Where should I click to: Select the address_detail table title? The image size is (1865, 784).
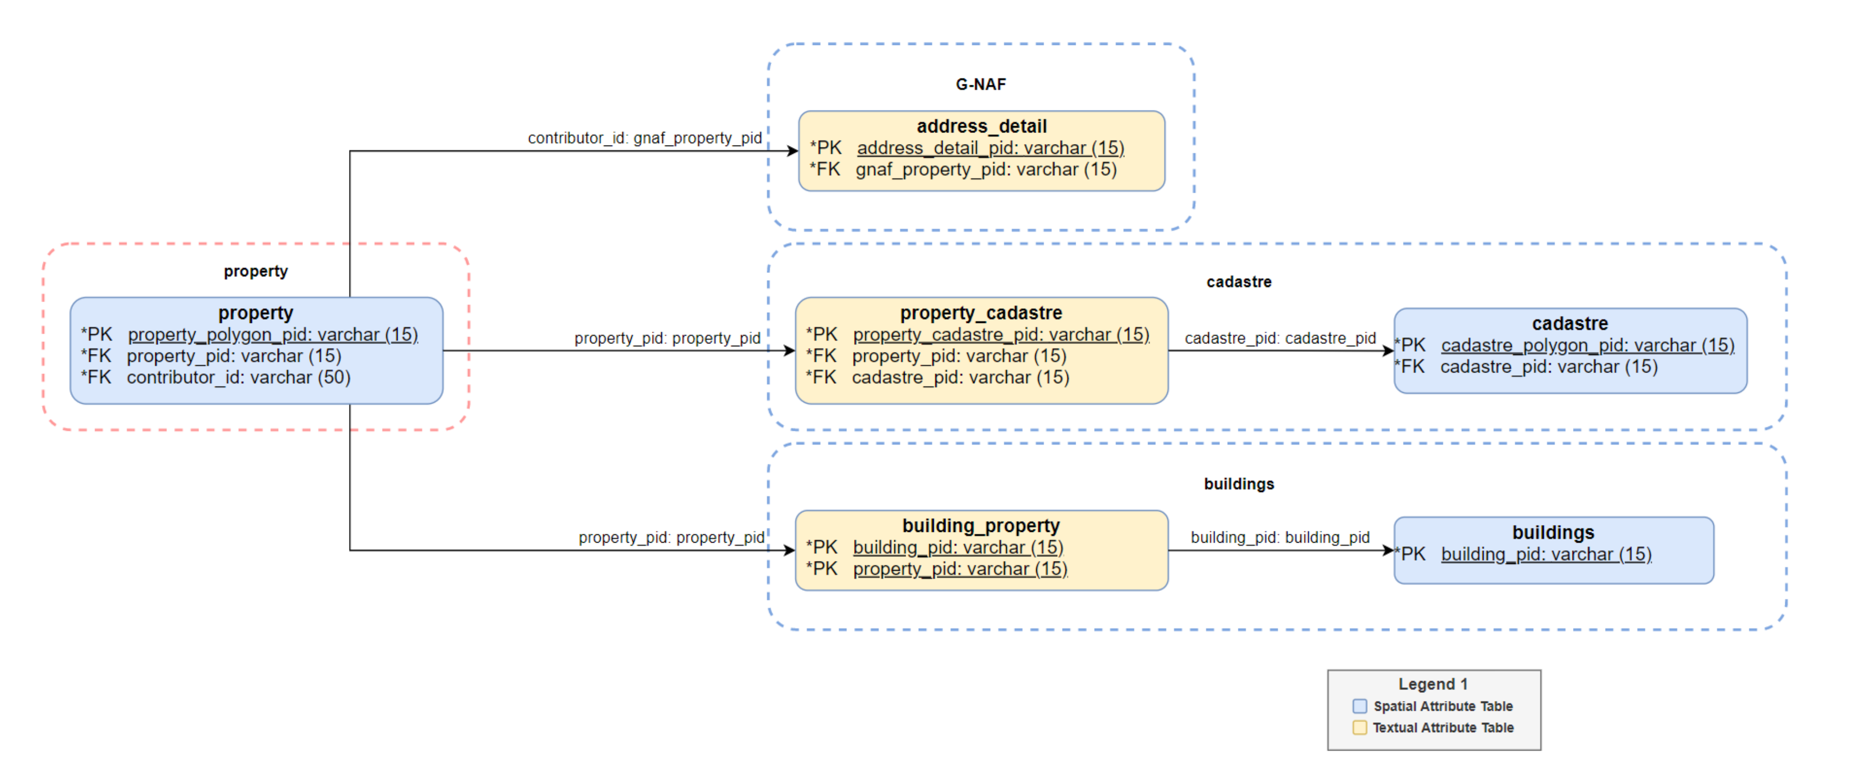(981, 126)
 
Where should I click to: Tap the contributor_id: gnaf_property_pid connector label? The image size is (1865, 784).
(644, 138)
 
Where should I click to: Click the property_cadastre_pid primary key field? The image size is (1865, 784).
(1001, 335)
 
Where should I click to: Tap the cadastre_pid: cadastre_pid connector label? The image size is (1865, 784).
(1279, 338)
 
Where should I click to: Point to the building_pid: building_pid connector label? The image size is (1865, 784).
(1279, 537)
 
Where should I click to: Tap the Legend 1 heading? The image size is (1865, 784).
(1432, 684)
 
